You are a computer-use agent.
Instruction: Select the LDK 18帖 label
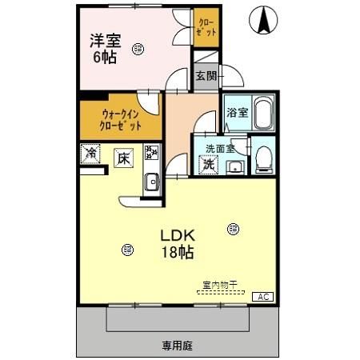(x=178, y=243)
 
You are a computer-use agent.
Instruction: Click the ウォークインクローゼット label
(x=121, y=120)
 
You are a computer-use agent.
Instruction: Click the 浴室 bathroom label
(x=237, y=113)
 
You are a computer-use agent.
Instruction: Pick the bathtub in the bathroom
(x=263, y=115)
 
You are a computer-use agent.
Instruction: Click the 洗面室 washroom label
(x=220, y=148)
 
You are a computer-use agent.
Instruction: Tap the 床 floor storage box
(x=122, y=158)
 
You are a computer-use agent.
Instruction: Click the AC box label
(x=262, y=297)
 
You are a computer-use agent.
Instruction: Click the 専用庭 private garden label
(x=178, y=346)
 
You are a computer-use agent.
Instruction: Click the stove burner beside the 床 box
(x=150, y=153)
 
